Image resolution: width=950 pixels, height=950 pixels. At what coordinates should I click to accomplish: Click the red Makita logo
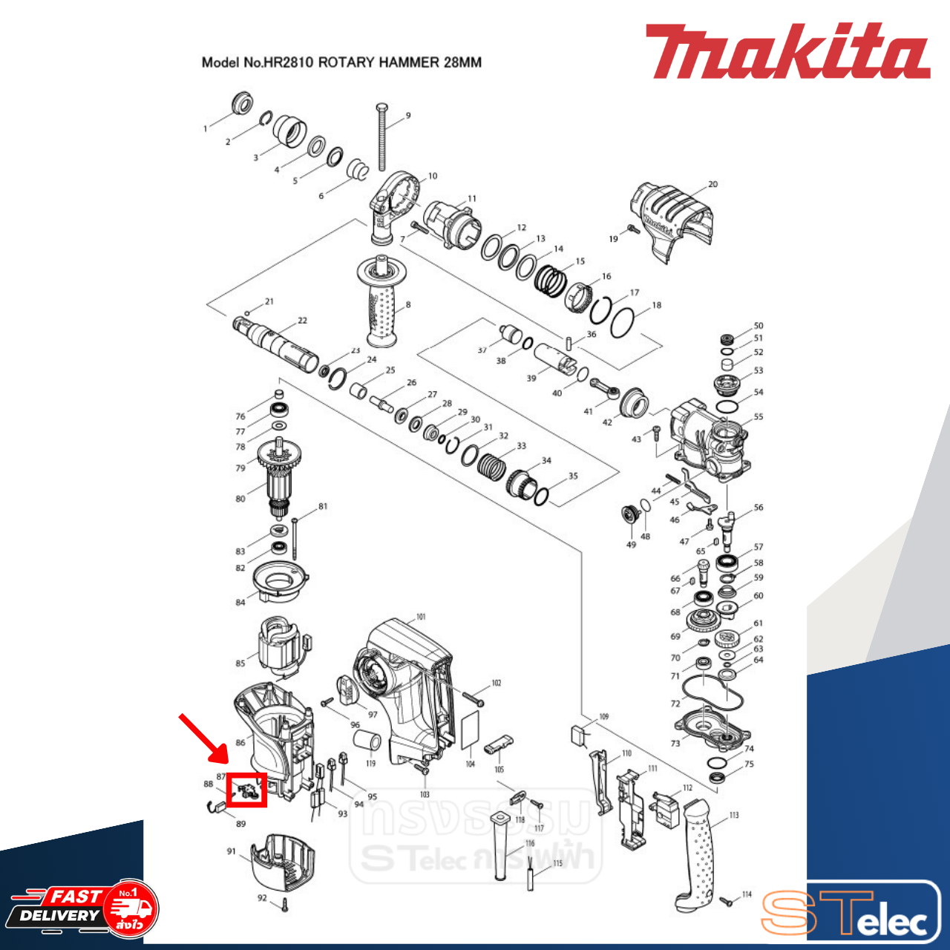coord(787,52)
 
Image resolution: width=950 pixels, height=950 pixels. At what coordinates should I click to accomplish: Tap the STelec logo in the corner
coord(851,913)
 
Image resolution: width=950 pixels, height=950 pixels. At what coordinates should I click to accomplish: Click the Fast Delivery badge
coord(83,908)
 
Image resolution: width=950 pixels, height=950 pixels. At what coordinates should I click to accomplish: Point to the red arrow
coord(204,738)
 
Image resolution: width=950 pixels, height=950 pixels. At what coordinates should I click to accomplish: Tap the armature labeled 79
coord(278,475)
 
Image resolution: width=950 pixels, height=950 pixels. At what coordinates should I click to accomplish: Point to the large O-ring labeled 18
coord(622,321)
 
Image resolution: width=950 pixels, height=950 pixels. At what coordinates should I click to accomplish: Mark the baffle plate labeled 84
coord(280,580)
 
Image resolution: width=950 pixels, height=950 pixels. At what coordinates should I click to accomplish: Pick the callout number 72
coord(675,704)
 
